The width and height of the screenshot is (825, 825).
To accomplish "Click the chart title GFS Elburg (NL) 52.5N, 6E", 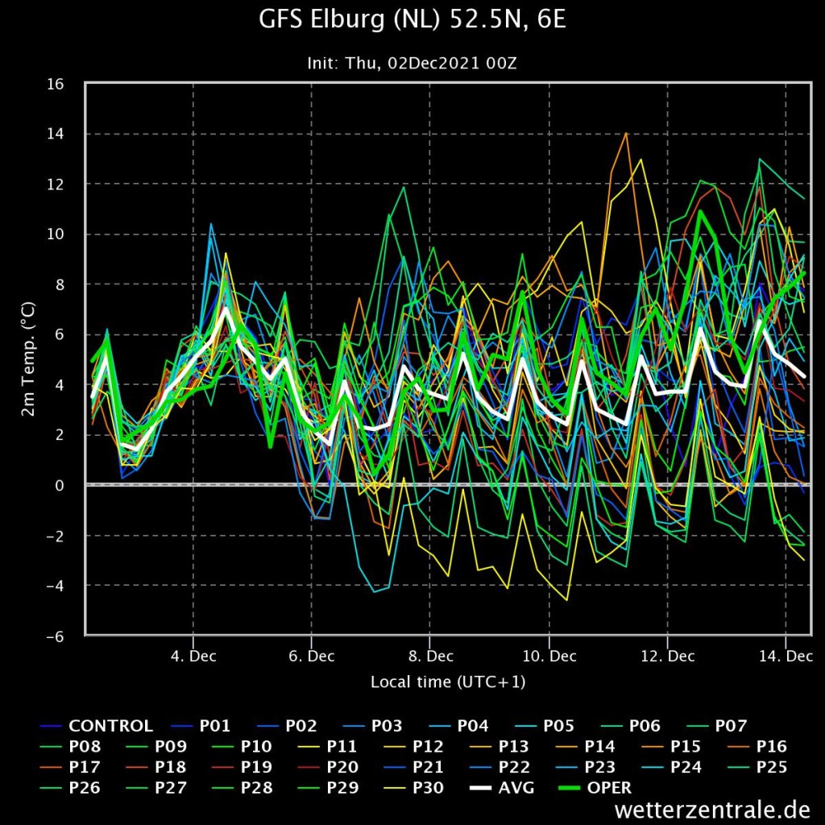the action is click(412, 20).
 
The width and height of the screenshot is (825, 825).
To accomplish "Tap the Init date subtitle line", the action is click(412, 64).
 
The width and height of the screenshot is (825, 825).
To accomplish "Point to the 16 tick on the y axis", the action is click(56, 84).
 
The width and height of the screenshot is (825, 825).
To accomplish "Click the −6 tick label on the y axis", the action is click(55, 636).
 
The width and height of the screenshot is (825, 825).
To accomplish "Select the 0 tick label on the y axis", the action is click(59, 485).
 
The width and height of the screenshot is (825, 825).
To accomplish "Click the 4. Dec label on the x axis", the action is click(193, 656).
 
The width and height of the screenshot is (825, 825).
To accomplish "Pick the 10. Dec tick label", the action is click(549, 656).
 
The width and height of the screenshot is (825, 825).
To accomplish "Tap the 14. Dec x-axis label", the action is click(786, 656).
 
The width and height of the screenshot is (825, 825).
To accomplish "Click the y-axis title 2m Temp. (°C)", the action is click(28, 359).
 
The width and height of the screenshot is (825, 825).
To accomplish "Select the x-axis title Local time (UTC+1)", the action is click(448, 682).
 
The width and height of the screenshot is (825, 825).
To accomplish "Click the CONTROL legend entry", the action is click(97, 726).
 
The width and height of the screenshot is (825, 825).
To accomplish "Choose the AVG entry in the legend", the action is click(501, 788).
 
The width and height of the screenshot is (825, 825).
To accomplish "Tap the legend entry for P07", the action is click(716, 726).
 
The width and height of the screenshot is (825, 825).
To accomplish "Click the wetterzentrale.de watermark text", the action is click(712, 810).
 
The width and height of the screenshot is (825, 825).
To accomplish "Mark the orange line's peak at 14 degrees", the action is click(625, 133).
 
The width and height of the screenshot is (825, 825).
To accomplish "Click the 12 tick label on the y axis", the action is click(56, 184).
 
